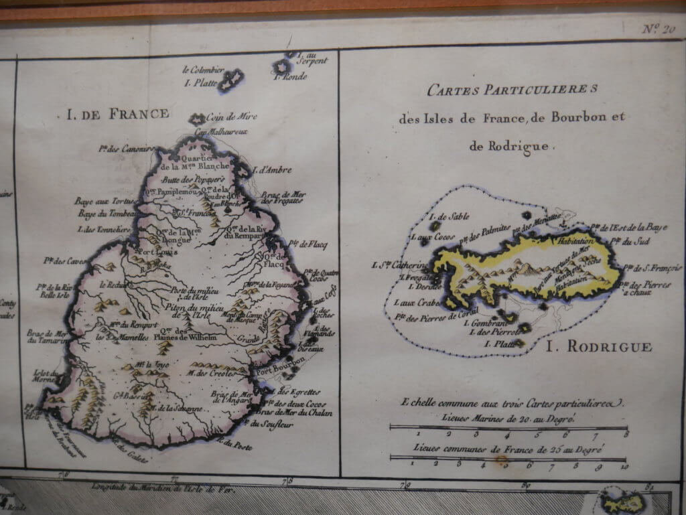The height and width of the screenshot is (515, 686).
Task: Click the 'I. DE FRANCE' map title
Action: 117,113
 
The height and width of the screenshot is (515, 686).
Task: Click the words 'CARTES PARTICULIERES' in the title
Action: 514,90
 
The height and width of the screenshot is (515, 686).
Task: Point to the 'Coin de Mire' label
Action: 232,117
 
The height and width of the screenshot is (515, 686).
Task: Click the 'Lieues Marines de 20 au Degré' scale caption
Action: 509,417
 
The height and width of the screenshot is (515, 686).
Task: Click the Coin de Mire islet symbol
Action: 198,119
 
